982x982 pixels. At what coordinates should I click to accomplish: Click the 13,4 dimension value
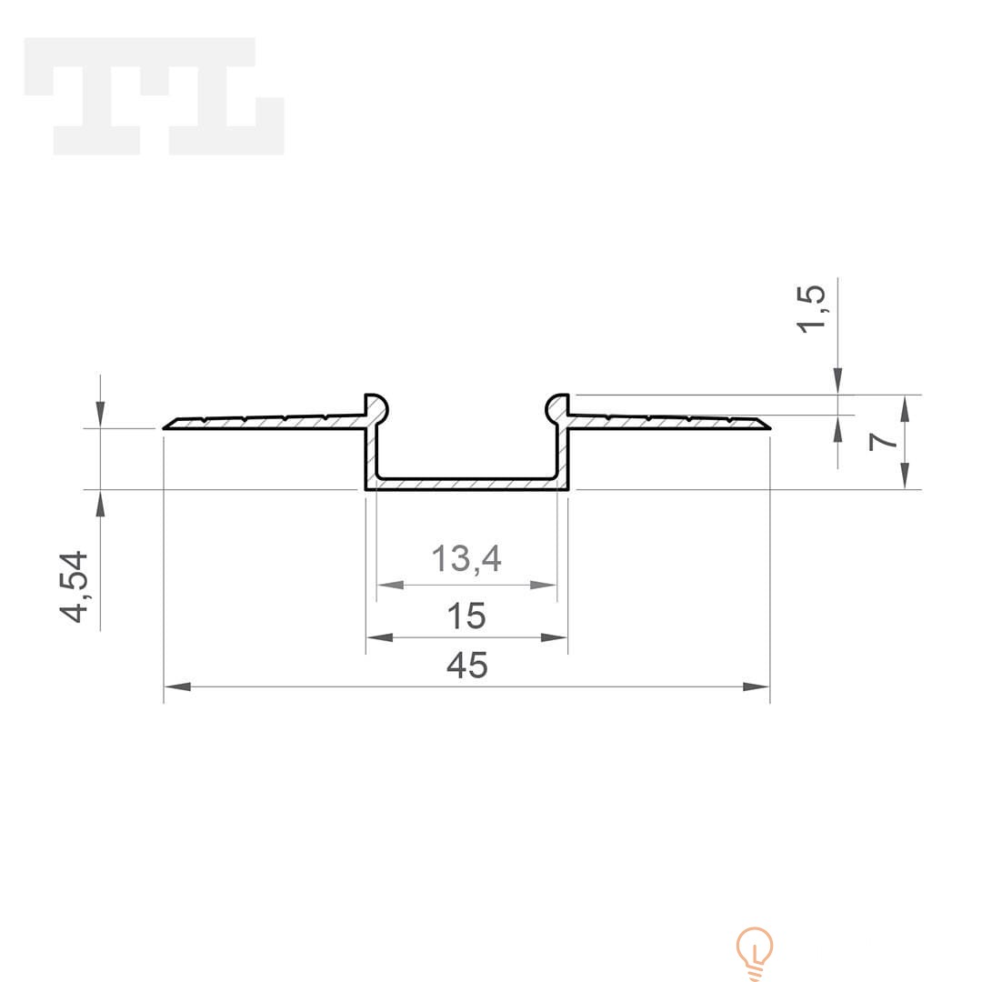click(x=466, y=558)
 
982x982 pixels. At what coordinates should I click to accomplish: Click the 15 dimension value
click(x=466, y=616)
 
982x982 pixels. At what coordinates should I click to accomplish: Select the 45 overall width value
click(x=467, y=665)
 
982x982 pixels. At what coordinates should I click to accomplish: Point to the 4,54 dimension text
click(x=74, y=586)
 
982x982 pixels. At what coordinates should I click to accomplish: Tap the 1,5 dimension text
click(x=812, y=308)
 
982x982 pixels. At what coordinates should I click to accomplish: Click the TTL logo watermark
click(x=154, y=95)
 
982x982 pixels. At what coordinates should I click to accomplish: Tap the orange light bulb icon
click(x=756, y=953)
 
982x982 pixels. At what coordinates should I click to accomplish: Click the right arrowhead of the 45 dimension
click(x=756, y=686)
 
